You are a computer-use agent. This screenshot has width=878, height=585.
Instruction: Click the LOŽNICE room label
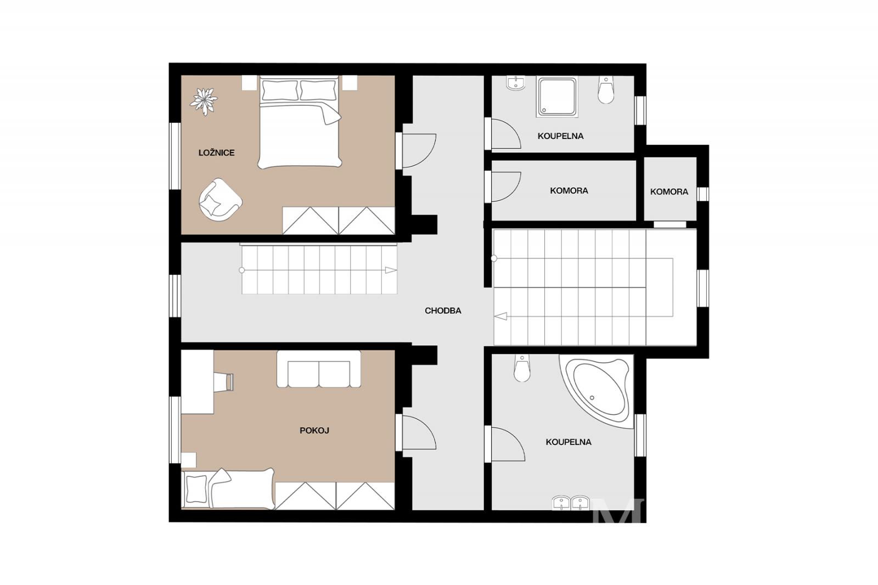(x=216, y=153)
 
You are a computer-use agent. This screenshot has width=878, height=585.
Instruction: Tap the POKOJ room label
(x=314, y=430)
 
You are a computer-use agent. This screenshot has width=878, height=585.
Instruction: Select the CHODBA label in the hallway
(x=443, y=311)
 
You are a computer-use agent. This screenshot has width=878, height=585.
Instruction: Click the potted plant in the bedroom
(x=204, y=102)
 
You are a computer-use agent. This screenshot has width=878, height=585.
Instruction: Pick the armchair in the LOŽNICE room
(x=220, y=200)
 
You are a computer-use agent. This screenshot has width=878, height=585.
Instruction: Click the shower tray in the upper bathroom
(x=557, y=97)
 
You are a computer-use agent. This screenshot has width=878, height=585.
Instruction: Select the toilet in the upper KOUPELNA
(x=606, y=90)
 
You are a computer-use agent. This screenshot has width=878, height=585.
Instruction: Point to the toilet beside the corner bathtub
(x=522, y=368)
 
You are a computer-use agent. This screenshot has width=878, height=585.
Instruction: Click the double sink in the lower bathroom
(x=571, y=503)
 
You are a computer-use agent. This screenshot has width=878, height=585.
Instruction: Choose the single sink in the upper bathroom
(x=516, y=83)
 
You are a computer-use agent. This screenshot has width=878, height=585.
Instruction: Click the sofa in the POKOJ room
(x=319, y=369)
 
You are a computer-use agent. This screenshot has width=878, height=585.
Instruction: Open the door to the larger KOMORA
(x=506, y=187)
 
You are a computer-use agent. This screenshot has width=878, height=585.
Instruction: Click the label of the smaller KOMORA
(x=669, y=192)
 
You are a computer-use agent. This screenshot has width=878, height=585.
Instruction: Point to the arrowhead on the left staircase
(x=391, y=270)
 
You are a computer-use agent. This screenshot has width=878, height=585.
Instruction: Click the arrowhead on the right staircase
(x=500, y=316)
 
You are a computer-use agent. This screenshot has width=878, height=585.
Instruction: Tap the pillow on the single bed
(x=197, y=488)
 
